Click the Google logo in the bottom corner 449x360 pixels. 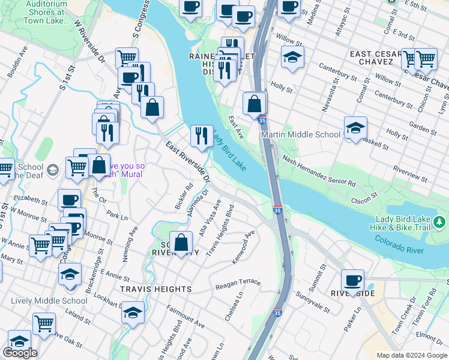point(20,353)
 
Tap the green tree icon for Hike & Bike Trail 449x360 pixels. point(439,223)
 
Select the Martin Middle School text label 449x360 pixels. point(301,134)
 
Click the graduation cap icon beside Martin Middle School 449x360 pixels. point(355,127)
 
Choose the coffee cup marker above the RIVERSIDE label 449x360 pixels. point(353,280)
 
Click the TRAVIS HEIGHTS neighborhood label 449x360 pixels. point(155,289)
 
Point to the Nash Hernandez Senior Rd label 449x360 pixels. point(319,173)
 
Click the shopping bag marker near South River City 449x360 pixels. point(181,243)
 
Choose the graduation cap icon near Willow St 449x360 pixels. point(292,57)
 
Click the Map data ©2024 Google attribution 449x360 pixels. point(411,355)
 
